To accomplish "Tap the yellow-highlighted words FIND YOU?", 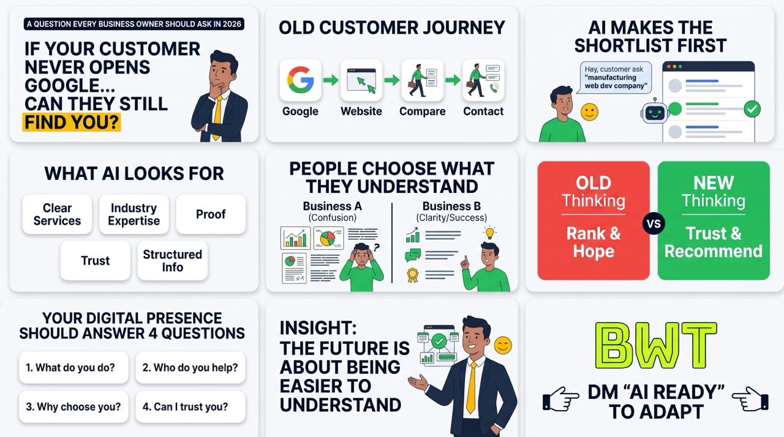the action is point(72,122).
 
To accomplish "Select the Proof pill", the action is point(211,214).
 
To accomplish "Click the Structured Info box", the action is point(172,261).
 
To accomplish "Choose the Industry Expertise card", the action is point(134,214).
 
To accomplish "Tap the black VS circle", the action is point(654,223).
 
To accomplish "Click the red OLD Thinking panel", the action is point(594,220).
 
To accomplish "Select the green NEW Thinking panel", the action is point(714,220).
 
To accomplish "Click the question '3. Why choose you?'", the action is point(73,406).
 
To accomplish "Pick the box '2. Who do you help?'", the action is point(190,367).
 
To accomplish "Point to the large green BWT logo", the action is point(656,346).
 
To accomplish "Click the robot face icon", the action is point(655,112).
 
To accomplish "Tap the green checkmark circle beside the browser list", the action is point(752,109).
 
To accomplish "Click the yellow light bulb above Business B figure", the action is point(489,233).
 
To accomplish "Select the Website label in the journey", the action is point(361,111).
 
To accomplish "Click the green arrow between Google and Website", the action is point(330,80).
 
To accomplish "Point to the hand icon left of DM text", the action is point(560,398).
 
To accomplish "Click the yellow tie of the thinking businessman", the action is point(217,117).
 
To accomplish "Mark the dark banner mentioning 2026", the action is point(134,24).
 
